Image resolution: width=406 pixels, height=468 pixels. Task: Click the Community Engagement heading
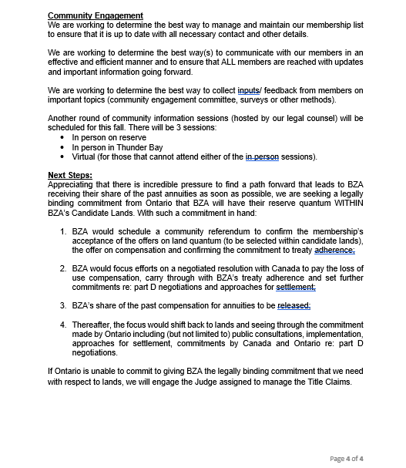[96, 15]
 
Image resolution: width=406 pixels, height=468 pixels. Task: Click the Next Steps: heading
[69, 175]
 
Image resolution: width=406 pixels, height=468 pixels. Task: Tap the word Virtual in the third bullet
[86, 157]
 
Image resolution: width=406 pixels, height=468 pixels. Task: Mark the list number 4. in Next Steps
[64, 325]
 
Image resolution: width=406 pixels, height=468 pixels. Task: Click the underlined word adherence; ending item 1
[330, 251]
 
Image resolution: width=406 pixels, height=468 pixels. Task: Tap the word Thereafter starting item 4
[93, 325]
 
